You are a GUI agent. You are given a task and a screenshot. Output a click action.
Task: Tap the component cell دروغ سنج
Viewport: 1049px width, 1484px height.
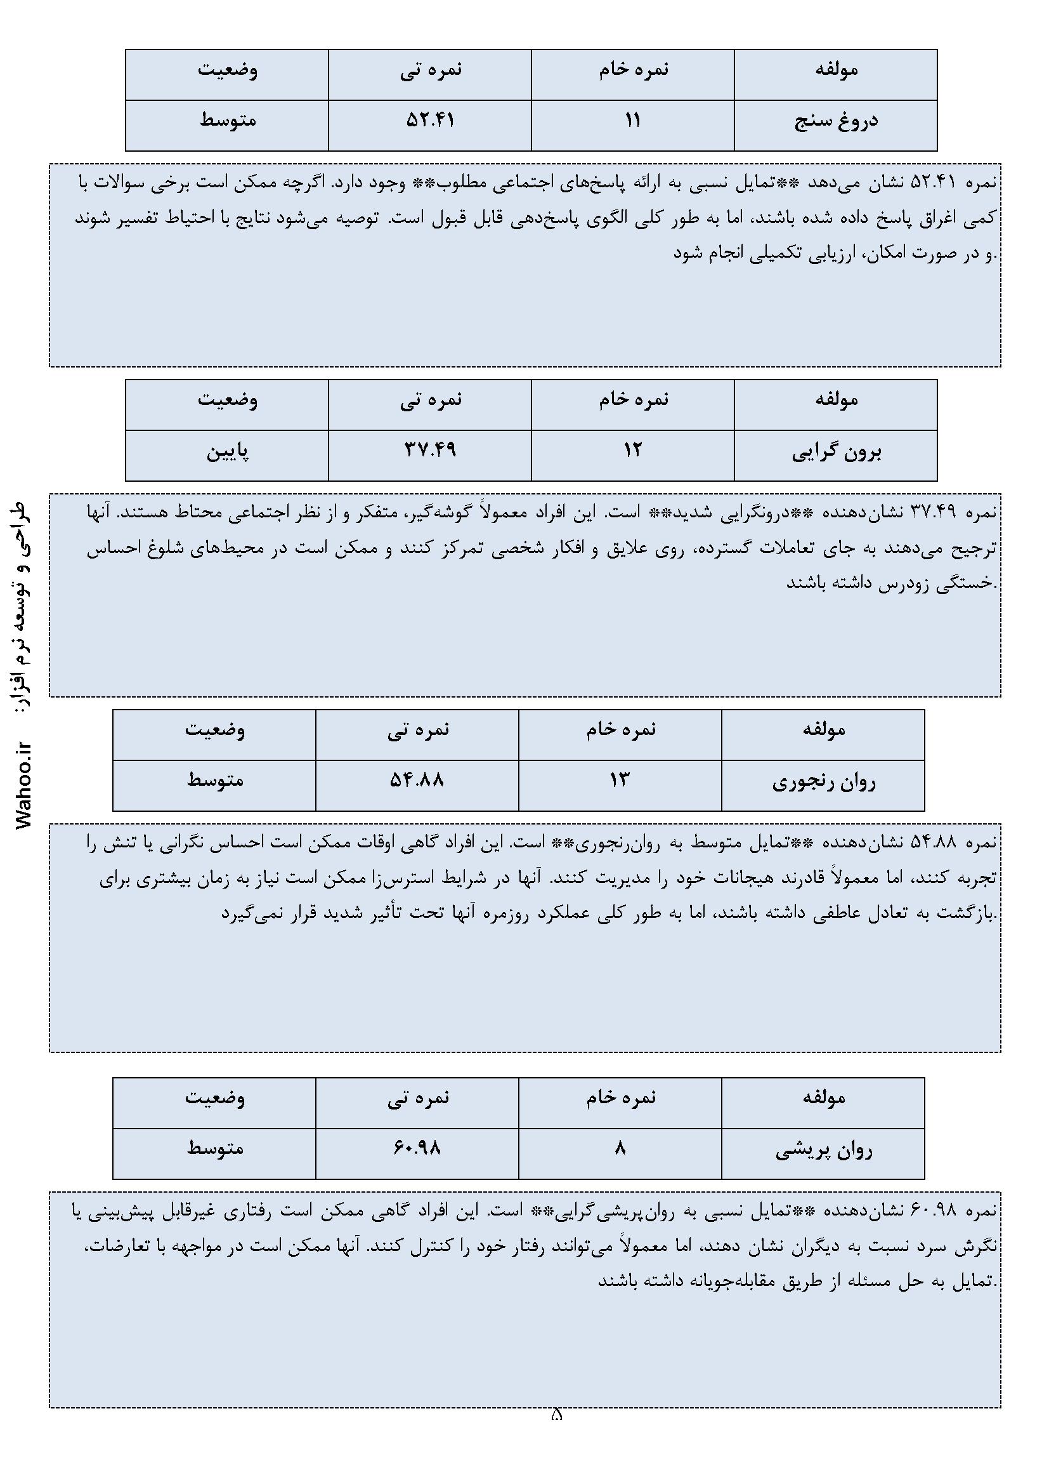point(836,121)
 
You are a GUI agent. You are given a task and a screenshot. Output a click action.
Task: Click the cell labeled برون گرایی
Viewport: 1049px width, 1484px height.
point(836,452)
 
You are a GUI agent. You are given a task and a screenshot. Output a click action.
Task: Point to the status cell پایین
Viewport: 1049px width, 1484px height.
point(228,451)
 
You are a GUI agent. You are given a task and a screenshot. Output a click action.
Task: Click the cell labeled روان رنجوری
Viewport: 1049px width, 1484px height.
point(824,782)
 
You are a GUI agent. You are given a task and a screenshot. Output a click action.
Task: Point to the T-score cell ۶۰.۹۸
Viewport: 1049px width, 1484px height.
point(417,1149)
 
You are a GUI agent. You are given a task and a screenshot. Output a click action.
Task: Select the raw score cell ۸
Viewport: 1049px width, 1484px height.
point(620,1149)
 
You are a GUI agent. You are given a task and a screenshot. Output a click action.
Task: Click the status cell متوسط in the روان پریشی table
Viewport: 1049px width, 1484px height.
point(215,1149)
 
